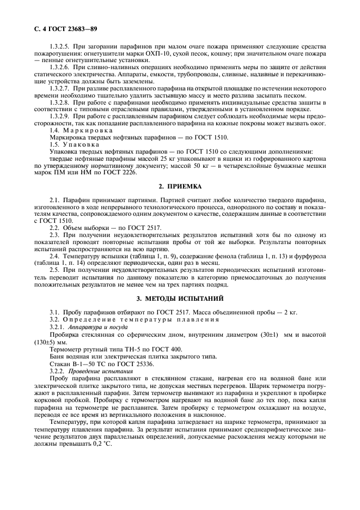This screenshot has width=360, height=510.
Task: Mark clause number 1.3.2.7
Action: pos(60,88)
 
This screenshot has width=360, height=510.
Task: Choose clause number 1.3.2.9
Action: pos(60,116)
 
